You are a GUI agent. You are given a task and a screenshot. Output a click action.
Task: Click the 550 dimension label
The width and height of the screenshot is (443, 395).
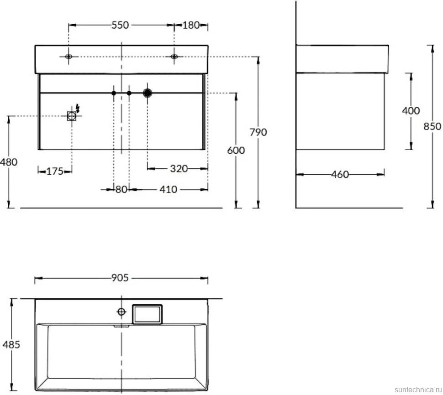pos(120,25)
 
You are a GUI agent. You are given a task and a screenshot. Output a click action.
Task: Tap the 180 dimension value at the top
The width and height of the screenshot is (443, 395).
pos(191,25)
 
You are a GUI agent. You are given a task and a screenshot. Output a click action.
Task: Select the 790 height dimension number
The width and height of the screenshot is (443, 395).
pos(258,132)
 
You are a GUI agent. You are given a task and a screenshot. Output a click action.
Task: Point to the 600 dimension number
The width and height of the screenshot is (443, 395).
pos(236,151)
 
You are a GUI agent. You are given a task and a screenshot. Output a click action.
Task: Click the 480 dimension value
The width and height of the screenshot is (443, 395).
pos(9,162)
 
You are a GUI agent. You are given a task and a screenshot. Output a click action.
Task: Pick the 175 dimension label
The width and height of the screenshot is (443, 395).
pos(55,171)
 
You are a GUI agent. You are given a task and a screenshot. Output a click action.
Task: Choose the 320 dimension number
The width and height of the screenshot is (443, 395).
pos(179,169)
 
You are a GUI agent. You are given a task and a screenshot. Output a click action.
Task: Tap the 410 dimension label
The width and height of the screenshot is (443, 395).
pos(169,189)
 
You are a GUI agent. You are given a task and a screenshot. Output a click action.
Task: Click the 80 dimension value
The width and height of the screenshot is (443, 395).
pos(121,189)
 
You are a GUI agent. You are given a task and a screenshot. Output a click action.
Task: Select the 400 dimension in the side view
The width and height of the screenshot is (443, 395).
pos(411,110)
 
